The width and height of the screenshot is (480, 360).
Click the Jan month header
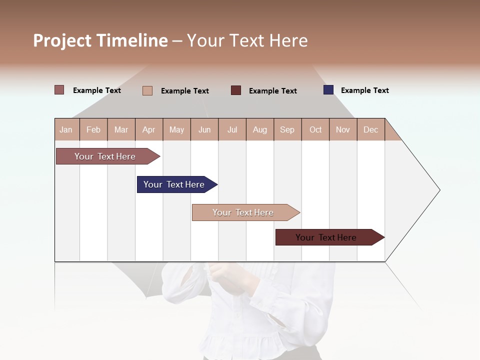point(66,129)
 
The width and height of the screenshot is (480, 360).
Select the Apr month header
point(148,129)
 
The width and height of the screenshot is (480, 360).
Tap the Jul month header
point(232,129)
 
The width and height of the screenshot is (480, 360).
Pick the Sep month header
point(287,129)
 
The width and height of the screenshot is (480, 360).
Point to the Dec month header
point(370,129)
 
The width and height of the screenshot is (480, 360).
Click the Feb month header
point(93,129)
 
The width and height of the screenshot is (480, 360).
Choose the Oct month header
point(315,129)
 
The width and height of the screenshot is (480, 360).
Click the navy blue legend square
point(328,90)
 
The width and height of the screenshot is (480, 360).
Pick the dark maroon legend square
point(236,90)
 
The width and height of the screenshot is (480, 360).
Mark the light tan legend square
point(147,90)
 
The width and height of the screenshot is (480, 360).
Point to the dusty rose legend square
point(59,90)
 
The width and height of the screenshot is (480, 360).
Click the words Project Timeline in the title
point(100,40)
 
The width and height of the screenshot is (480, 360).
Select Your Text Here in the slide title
point(247,40)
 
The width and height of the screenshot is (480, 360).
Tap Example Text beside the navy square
point(364,90)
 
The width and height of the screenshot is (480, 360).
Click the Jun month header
point(204,129)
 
